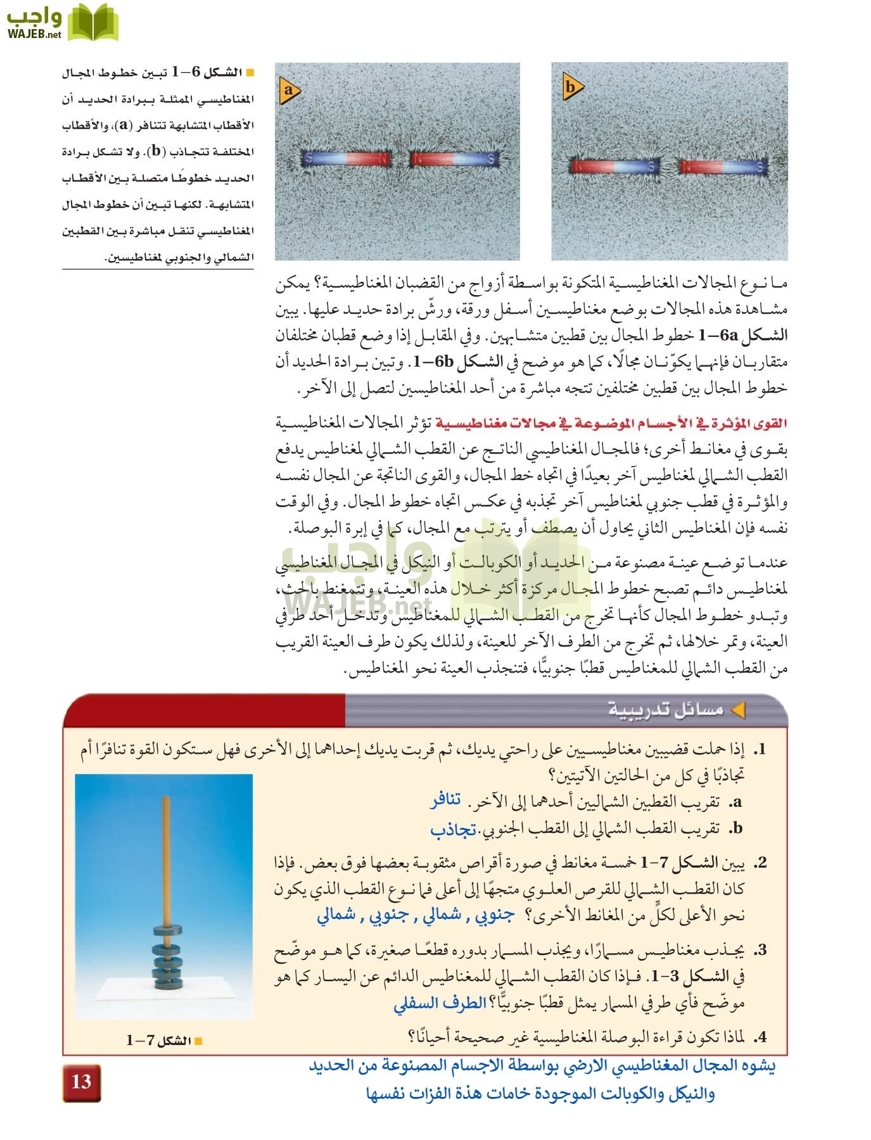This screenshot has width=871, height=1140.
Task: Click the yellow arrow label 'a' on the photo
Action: coord(289,90)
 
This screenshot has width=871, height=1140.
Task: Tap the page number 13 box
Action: coord(82,1082)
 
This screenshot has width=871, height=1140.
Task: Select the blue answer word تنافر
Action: coord(446,801)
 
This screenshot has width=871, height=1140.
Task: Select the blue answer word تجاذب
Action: coord(453,829)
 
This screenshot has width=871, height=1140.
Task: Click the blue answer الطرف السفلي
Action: coord(440,1003)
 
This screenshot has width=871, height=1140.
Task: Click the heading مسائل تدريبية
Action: coord(665,710)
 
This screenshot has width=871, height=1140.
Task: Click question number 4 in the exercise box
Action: coord(761,1037)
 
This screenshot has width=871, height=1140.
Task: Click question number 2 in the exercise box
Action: coord(761,863)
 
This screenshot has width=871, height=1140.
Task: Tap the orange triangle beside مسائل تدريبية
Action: coord(738,710)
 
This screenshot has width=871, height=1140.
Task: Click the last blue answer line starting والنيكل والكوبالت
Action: coord(540,1094)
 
